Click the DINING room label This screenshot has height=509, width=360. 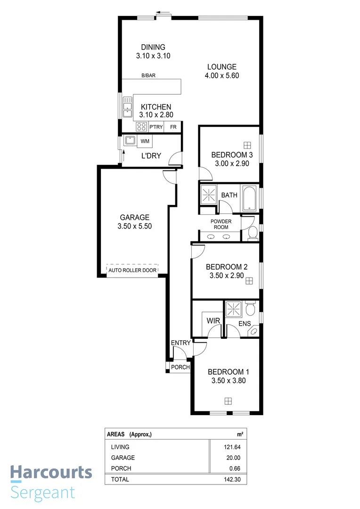[153, 47]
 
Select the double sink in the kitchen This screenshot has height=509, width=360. [128, 107]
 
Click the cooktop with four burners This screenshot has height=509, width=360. [141, 127]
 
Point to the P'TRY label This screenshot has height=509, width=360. [156, 127]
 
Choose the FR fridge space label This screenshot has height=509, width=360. [173, 127]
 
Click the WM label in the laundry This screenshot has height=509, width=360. [145, 141]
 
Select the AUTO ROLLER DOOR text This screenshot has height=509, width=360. [132, 271]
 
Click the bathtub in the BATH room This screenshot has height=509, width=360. [250, 198]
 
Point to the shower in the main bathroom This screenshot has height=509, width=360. [208, 194]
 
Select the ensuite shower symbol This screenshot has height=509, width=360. [234, 309]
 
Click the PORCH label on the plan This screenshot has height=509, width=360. [180, 368]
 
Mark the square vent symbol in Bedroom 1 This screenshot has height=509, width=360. [228, 401]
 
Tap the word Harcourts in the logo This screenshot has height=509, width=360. [51, 472]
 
